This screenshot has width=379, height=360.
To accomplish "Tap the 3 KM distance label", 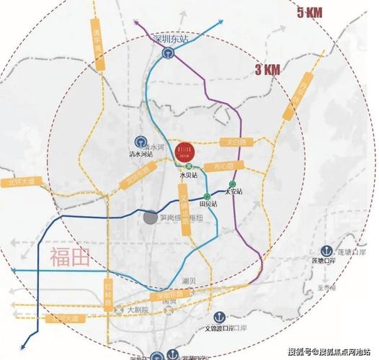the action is (x=268, y=70).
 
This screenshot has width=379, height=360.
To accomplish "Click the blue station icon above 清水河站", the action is (x=141, y=141).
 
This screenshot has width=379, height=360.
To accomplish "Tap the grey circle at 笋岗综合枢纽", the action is (x=149, y=217).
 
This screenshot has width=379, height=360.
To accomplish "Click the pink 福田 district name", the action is (x=70, y=258).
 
